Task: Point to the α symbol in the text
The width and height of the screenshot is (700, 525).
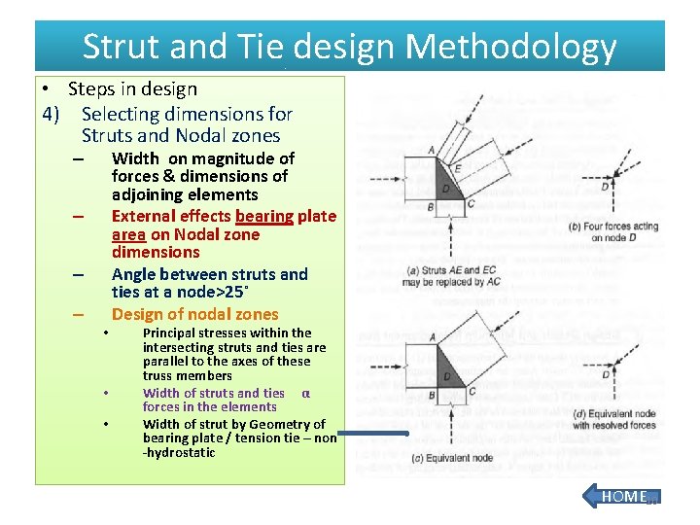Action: pyautogui.click(x=305, y=394)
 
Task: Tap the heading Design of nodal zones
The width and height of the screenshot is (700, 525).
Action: pyautogui.click(x=194, y=314)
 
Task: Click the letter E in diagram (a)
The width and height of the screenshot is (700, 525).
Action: pyautogui.click(x=457, y=168)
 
